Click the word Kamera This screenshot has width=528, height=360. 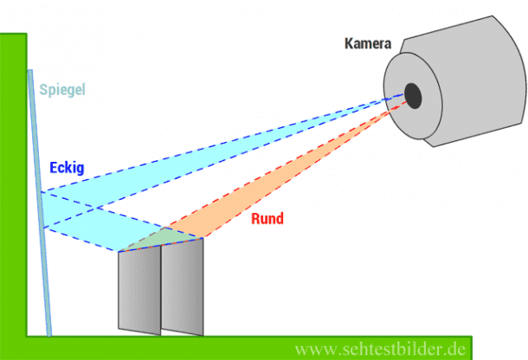[368, 42]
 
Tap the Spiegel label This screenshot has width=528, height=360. [62, 88]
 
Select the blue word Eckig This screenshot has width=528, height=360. [67, 168]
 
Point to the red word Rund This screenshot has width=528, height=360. [267, 219]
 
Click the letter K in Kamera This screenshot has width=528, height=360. [348, 42]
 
